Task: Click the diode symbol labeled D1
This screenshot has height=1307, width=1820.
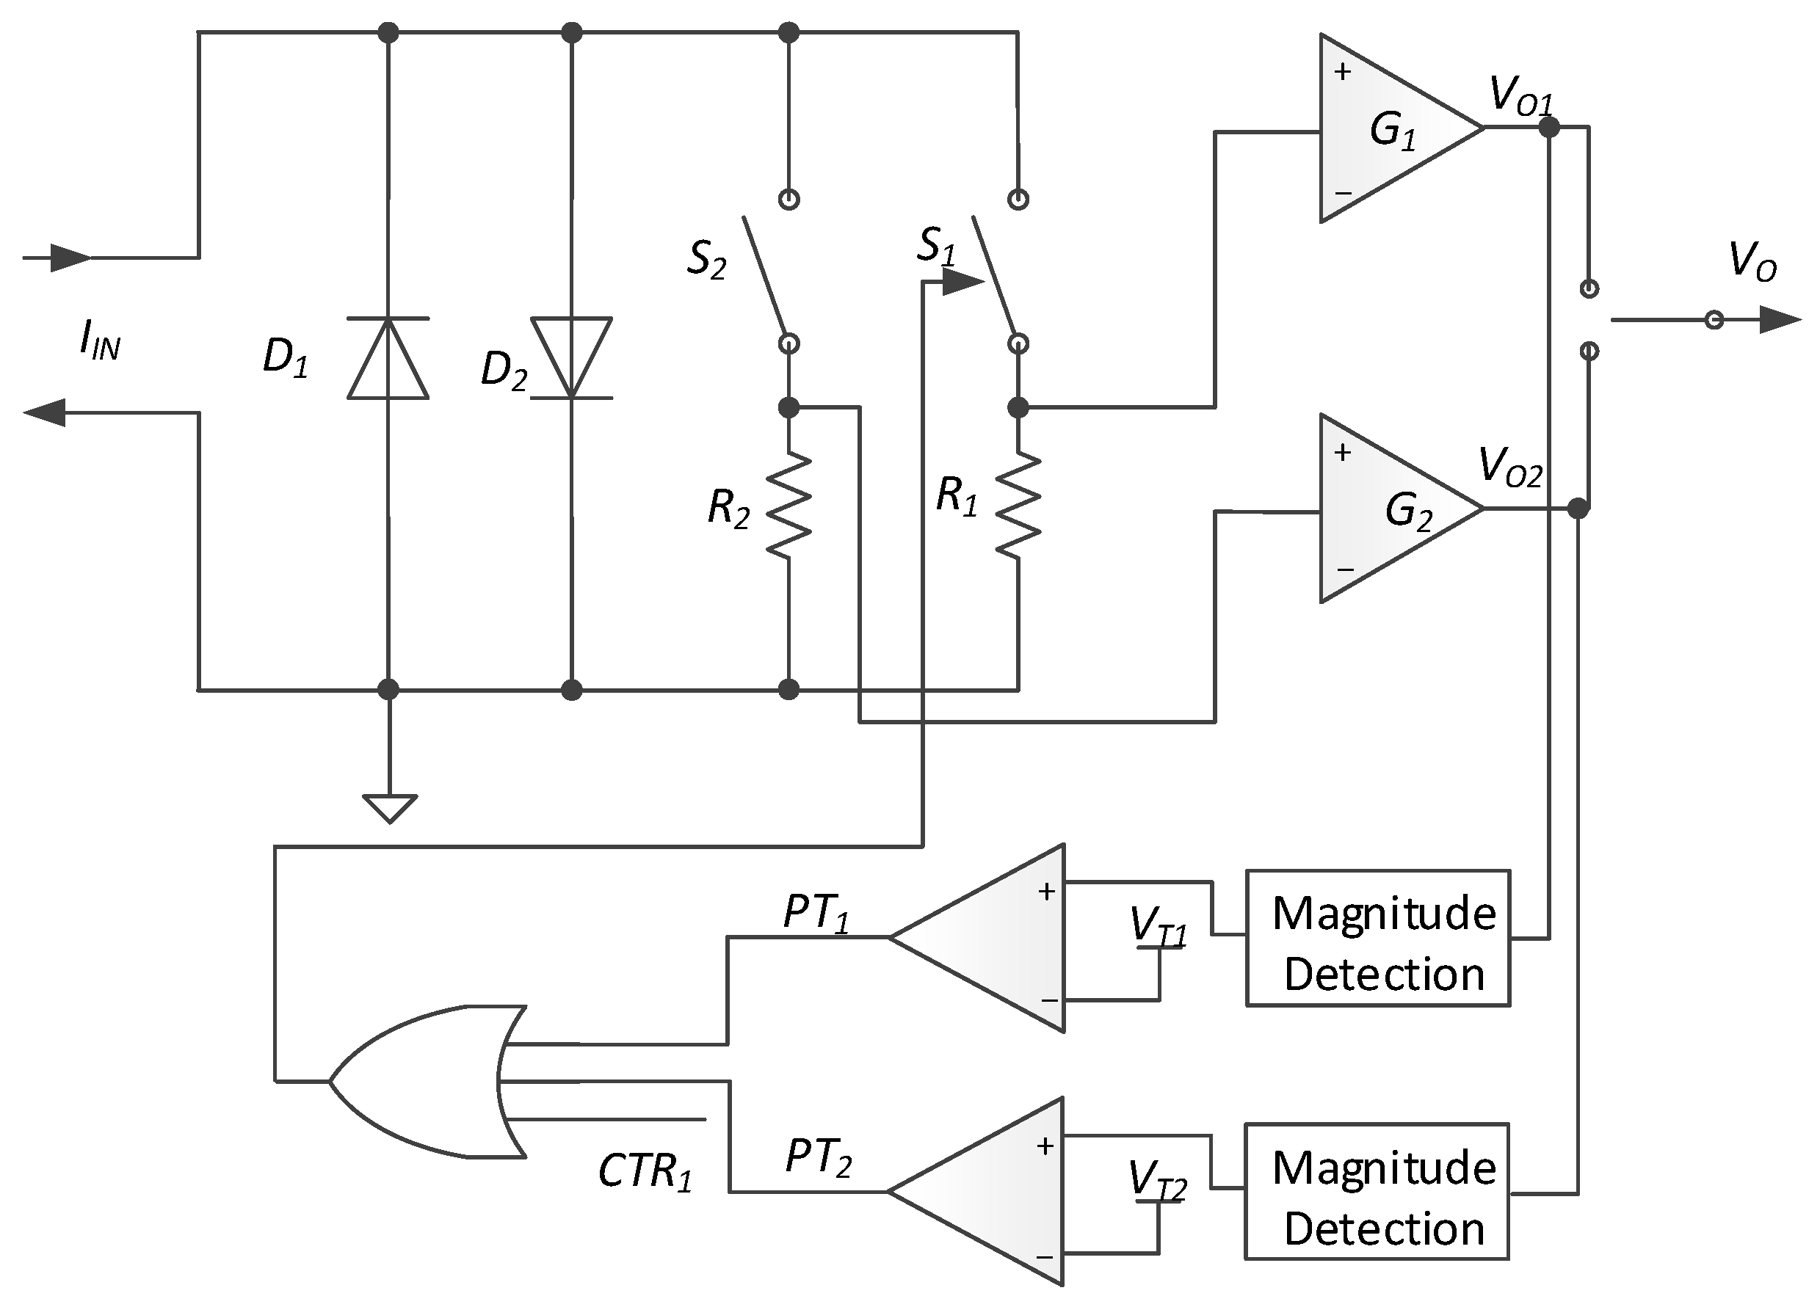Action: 388,358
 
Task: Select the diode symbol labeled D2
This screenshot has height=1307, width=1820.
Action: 571,358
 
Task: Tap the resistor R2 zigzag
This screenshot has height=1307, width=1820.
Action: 788,504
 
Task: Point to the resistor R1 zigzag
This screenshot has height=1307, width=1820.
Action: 1018,504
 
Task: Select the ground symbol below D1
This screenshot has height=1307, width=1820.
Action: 389,807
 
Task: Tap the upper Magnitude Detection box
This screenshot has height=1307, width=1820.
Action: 1377,937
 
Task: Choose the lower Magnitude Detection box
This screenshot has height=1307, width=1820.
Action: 1377,1190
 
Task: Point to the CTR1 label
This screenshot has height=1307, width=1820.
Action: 645,1171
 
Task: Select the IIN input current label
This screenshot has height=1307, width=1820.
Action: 100,341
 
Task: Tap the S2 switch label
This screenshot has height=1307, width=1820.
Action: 706,259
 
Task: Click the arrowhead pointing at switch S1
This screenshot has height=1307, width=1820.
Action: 963,282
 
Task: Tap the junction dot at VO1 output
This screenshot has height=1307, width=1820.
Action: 1549,127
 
